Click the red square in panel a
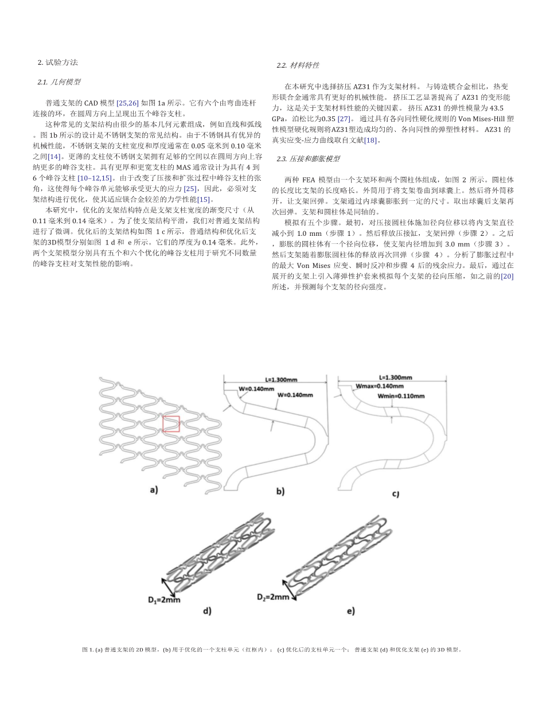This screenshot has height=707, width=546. click(x=171, y=424)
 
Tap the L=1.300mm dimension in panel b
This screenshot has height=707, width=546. click(x=281, y=380)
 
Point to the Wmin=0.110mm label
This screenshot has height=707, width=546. click(x=401, y=396)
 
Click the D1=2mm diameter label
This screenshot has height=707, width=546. click(x=164, y=600)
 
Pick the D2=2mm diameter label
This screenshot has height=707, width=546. click(x=273, y=597)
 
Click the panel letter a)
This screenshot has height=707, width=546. click(x=153, y=490)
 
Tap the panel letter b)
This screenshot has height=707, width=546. click(x=280, y=491)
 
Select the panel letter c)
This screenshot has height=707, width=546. click(x=396, y=494)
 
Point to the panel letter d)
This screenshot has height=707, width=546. click(x=207, y=611)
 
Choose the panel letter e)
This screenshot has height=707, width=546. click(x=351, y=611)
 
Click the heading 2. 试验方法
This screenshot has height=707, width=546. click(x=57, y=62)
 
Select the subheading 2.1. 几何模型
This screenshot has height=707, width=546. click(x=59, y=82)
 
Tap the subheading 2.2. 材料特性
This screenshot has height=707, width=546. click(x=298, y=65)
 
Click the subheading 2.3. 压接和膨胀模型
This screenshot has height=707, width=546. click(x=307, y=158)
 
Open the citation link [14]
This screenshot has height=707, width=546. click(x=54, y=157)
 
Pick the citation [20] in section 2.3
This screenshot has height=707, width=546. click(x=507, y=276)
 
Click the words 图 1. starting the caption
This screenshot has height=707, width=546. click(x=88, y=650)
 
